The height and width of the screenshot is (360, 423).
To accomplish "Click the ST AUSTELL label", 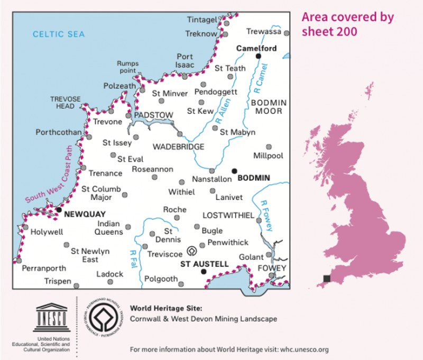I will [205, 263].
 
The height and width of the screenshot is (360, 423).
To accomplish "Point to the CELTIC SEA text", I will [59, 34].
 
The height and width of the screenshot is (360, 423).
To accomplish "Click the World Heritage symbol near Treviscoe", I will [192, 251].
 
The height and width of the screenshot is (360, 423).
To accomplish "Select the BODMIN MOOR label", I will [268, 106].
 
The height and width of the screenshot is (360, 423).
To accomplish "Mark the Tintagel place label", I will [203, 20].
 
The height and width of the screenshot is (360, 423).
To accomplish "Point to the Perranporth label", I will [44, 269].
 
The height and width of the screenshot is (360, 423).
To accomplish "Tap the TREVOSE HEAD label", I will [66, 102].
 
